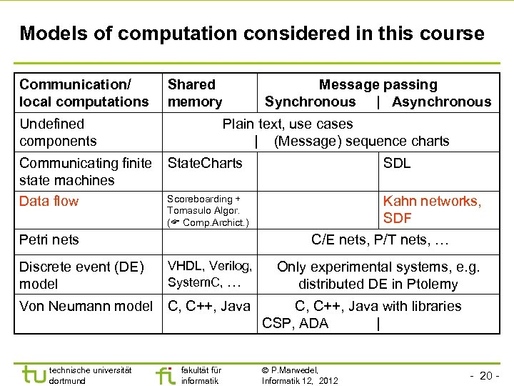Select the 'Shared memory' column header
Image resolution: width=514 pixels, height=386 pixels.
[x=195, y=94]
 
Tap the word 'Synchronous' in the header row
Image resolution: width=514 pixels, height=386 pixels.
[x=310, y=102]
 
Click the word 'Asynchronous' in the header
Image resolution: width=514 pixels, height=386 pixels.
[x=441, y=102]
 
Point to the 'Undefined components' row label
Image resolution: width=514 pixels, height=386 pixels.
[x=58, y=132]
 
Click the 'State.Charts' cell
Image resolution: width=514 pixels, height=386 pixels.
[x=205, y=164]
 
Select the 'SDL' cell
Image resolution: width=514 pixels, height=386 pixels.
[x=397, y=164]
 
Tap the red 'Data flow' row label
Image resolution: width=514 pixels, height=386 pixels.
[x=49, y=201]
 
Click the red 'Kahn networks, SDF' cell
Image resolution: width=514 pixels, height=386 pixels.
[x=432, y=209]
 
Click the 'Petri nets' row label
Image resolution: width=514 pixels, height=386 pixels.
[x=49, y=239]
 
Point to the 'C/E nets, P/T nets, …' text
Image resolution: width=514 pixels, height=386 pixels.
[x=380, y=240]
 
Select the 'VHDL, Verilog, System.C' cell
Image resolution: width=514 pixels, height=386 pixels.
[x=209, y=274]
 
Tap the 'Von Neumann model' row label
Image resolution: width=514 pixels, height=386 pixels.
[x=86, y=307]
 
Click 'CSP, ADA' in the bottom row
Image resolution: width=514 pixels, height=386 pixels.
[x=295, y=323]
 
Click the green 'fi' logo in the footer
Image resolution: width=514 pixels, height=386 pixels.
[x=164, y=374]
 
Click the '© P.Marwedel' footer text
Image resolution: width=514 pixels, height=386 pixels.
[x=290, y=370]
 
